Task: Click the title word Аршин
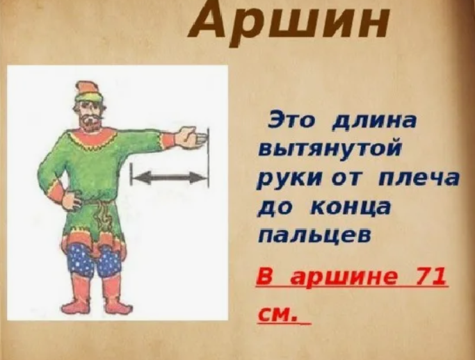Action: pos(287,23)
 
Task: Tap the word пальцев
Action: pos(315,236)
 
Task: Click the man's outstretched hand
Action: pos(191,136)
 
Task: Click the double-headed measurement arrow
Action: pos(170,177)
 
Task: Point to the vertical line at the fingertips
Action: pos(209,158)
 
